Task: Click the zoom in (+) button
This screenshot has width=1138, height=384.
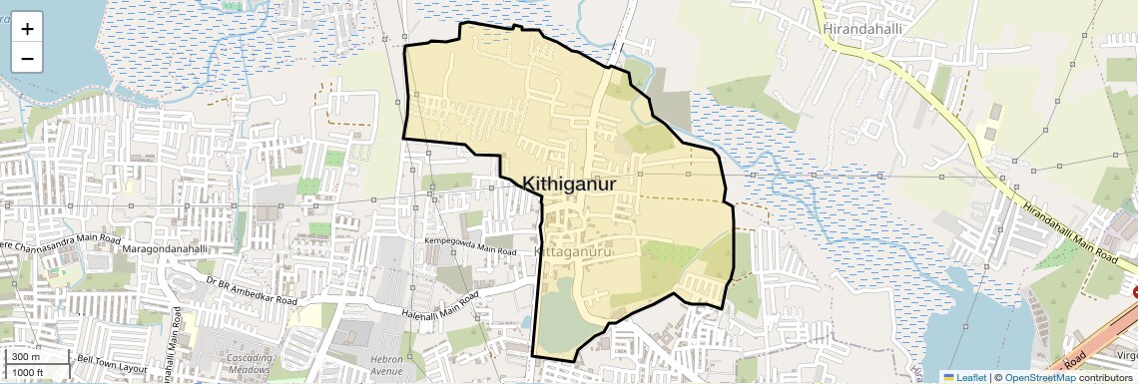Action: coord(27,29)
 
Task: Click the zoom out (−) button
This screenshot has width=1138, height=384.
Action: coord(27,59)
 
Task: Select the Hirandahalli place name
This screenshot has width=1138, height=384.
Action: coord(862,29)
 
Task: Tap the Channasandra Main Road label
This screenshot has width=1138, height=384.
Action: coord(60,242)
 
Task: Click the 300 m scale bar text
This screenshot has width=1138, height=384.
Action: coord(25,357)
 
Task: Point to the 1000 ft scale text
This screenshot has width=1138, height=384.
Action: coord(28,372)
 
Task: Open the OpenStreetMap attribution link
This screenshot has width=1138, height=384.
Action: coord(1039,377)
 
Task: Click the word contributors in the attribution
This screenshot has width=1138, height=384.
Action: coord(1106,377)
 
